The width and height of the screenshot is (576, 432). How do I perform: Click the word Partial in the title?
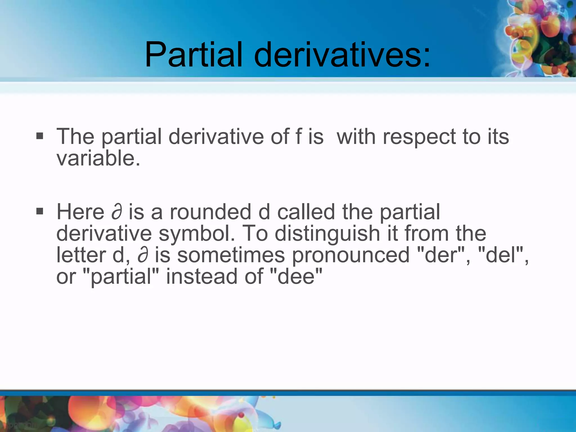pos(193,55)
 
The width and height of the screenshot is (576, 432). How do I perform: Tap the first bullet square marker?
pos(40,136)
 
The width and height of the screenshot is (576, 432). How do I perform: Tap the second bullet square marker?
pos(40,211)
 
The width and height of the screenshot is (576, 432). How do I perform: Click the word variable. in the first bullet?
pos(98,158)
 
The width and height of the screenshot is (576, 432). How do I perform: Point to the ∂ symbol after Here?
pos(117,212)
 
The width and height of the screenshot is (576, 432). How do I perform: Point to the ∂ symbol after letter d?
pos(143,255)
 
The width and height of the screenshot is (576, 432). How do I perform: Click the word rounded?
pos(210,212)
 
